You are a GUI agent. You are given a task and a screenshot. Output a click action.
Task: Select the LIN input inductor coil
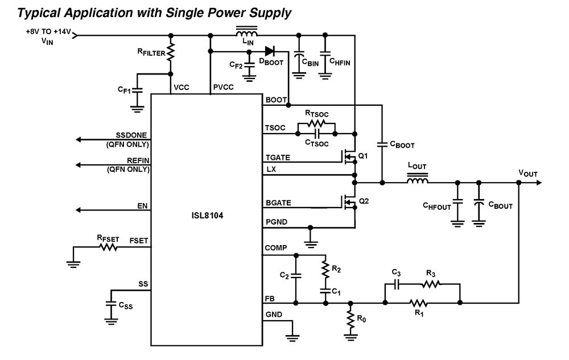pos(246,33)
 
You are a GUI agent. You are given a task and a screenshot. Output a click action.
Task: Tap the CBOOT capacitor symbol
pos(382,145)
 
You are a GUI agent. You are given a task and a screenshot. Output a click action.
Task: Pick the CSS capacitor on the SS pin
pos(111,304)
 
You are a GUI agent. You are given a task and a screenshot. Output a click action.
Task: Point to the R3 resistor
pos(431,284)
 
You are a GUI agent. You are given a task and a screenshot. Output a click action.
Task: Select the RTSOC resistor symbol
pos(317,123)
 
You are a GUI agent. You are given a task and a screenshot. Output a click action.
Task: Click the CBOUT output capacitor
pos(479,204)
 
